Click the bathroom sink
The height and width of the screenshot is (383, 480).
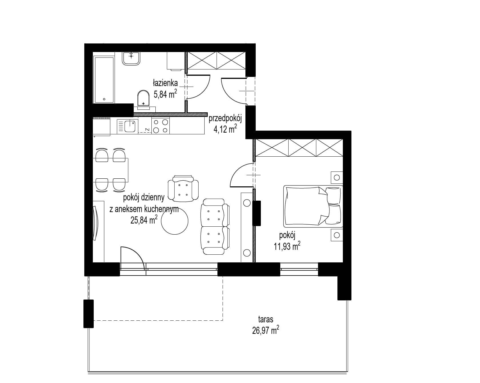pyautogui.click(x=131, y=58)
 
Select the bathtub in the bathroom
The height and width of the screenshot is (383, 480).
pyautogui.click(x=104, y=79)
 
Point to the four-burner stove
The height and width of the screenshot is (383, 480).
pyautogui.click(x=160, y=126)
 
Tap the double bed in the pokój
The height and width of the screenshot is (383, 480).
pyautogui.click(x=313, y=206)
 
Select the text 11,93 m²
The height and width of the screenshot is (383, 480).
pyautogui.click(x=287, y=246)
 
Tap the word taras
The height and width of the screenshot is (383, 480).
pyautogui.click(x=266, y=319)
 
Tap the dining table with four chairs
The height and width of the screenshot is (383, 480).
pyautogui.click(x=111, y=170)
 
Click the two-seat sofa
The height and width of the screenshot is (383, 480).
pyautogui.click(x=215, y=226)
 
